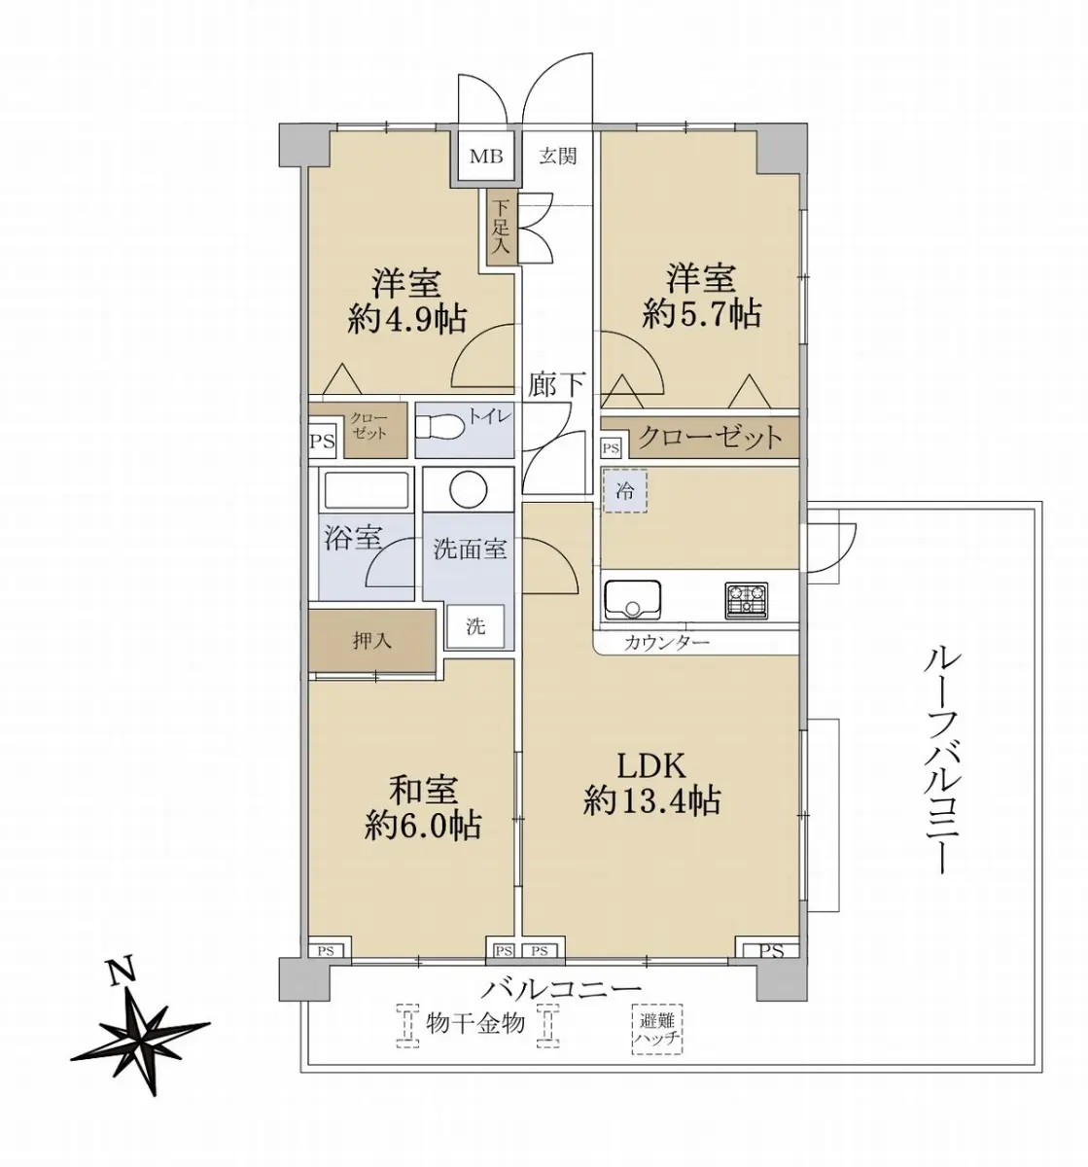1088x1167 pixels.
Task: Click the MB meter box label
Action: [486, 157]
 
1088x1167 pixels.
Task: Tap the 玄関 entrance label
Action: [558, 157]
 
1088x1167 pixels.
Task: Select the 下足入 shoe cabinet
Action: [501, 227]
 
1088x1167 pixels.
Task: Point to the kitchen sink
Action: [632, 599]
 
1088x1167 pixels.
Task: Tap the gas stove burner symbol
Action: [746, 599]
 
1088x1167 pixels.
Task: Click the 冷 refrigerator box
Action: [625, 491]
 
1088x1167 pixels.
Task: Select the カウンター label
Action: [666, 642]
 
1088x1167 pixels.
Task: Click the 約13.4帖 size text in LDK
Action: [651, 799]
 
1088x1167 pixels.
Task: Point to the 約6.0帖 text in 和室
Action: [423, 825]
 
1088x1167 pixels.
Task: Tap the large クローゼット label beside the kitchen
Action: [710, 438]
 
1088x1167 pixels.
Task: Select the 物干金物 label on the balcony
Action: [474, 1024]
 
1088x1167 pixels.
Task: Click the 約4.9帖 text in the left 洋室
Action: [406, 320]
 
